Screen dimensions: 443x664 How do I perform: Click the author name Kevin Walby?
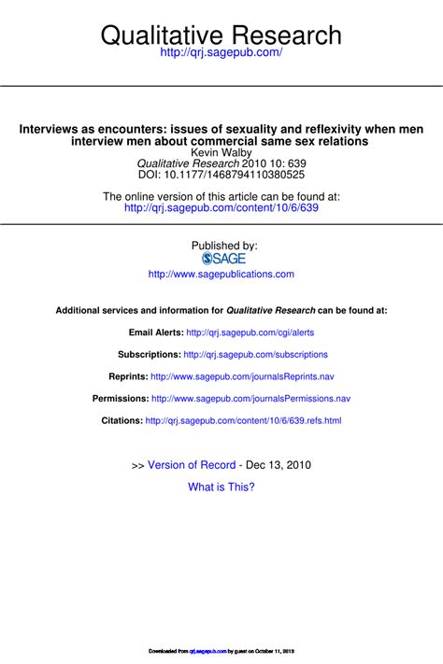pyautogui.click(x=221, y=153)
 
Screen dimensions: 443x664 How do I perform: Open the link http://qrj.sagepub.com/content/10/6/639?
pyautogui.click(x=221, y=210)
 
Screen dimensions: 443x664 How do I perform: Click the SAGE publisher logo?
pyautogui.click(x=221, y=259)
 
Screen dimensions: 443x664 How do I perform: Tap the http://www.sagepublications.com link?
pyautogui.click(x=221, y=275)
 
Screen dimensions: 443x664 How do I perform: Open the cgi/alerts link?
pyautogui.click(x=250, y=332)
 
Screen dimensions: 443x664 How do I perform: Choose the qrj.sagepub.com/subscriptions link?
pyautogui.click(x=256, y=355)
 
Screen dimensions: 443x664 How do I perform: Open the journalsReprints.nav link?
pyautogui.click(x=242, y=377)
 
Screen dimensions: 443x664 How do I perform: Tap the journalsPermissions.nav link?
pyautogui.click(x=250, y=399)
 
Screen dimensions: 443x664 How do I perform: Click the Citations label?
pyautogui.click(x=121, y=421)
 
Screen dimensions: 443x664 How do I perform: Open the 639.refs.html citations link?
pyautogui.click(x=243, y=421)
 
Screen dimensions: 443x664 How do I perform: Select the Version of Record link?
pyautogui.click(x=192, y=465)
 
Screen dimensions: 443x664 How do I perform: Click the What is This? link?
pyautogui.click(x=221, y=487)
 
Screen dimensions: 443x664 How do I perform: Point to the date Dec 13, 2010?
pyautogui.click(x=278, y=465)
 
